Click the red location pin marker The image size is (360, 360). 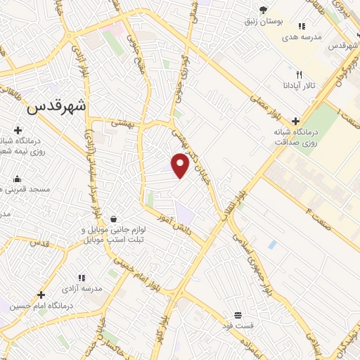coord(181,165)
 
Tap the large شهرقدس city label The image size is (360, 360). coord(58,108)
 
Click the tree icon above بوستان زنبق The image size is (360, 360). coord(264,9)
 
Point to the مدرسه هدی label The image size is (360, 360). coord(303,37)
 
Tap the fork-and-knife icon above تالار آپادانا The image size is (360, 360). coord(300,74)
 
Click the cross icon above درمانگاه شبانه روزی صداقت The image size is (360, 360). coord(295,120)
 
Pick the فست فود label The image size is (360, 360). coord(238,326)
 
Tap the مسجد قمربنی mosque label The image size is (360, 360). coord(21,190)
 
